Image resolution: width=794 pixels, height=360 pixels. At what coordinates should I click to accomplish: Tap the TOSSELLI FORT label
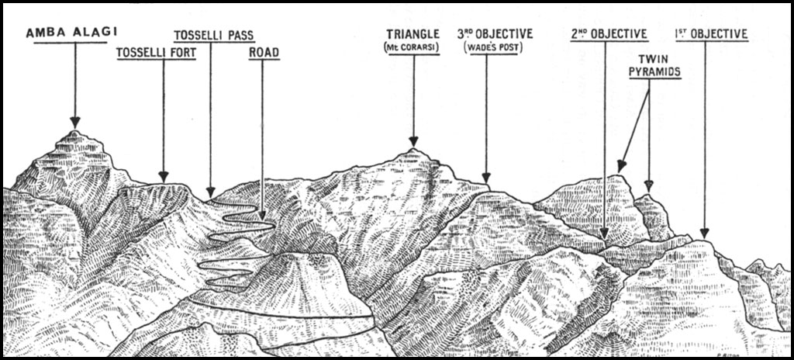[x=156, y=53]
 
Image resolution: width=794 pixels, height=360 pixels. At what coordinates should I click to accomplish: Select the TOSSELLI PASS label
[x=214, y=35]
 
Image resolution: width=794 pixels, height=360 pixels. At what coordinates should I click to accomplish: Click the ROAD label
[x=264, y=53]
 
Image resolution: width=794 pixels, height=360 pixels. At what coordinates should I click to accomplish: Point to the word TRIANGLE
[x=413, y=34]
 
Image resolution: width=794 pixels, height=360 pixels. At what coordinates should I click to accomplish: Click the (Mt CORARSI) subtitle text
[x=413, y=48]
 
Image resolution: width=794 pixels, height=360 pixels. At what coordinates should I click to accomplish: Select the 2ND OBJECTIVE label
[x=609, y=34]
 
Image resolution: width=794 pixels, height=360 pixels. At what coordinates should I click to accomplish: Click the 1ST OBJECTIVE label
[x=711, y=34]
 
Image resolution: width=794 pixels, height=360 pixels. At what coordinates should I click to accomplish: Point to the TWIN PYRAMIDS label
[x=660, y=65]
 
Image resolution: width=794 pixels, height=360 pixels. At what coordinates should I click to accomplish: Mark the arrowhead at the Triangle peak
[x=413, y=141]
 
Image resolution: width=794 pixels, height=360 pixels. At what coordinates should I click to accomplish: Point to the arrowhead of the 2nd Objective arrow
[x=605, y=232]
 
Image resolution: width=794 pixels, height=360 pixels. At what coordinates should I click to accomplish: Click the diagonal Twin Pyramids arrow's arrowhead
[x=620, y=165]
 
